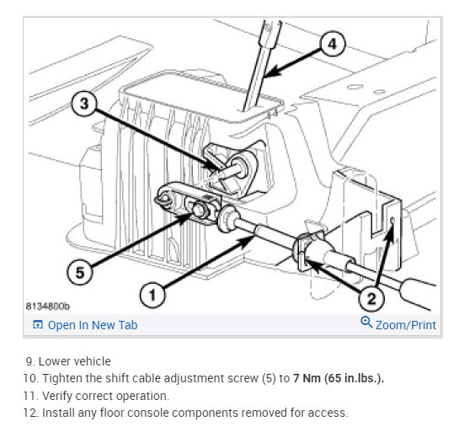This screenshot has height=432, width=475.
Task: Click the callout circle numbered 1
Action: coord(152,295)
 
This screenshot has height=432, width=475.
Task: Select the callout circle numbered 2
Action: coord(371,299)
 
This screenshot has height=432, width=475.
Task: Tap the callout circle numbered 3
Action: coord(84,104)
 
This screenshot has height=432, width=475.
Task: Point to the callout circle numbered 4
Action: coord(333,45)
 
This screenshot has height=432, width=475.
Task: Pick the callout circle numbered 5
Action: coord(80,272)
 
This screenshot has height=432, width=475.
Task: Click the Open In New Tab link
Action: coord(93,325)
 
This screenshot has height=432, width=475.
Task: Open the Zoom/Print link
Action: coord(406,325)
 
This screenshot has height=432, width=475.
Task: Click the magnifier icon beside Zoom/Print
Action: coord(366,322)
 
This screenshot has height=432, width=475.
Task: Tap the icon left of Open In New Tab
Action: coord(38,324)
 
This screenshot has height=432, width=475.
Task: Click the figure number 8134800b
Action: coord(47,307)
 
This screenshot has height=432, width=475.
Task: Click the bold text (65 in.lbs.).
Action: coord(354,378)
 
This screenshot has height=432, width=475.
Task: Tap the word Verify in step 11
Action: coord(57,396)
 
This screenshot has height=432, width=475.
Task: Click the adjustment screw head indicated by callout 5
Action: coord(199,210)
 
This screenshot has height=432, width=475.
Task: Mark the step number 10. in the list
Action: coord(31,378)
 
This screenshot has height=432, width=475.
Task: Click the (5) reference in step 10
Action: coord(269,378)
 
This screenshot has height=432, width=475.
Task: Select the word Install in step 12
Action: coord(58,413)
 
